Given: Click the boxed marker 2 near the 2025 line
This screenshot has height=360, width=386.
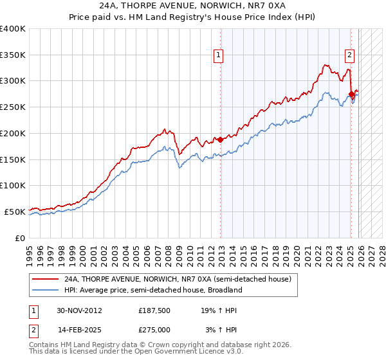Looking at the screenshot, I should (x=349, y=55).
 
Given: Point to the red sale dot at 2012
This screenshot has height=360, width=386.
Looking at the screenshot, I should (x=220, y=139).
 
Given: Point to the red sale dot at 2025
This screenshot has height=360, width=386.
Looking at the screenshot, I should (x=351, y=94).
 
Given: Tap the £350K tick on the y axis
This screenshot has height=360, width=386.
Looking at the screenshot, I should (x=13, y=55).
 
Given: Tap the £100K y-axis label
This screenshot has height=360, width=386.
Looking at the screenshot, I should (x=13, y=185).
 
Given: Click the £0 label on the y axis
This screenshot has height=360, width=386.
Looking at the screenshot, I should (x=19, y=237).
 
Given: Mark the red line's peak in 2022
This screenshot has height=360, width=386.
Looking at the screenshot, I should (x=326, y=64).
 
